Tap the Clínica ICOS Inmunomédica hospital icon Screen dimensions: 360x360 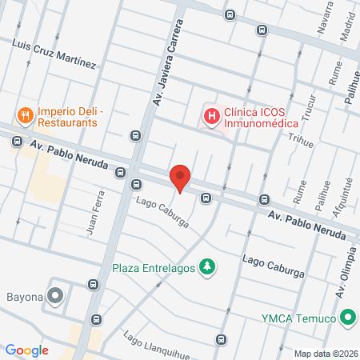(x=211, y=118)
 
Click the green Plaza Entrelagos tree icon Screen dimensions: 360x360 (x=207, y=266)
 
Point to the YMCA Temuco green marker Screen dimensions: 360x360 (x=347, y=317)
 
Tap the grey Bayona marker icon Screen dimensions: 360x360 (x=55, y=296)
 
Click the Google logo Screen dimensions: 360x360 (x=27, y=350)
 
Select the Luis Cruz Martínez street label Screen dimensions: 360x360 (x=54, y=53)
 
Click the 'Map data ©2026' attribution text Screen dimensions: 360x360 (x=325, y=354)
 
